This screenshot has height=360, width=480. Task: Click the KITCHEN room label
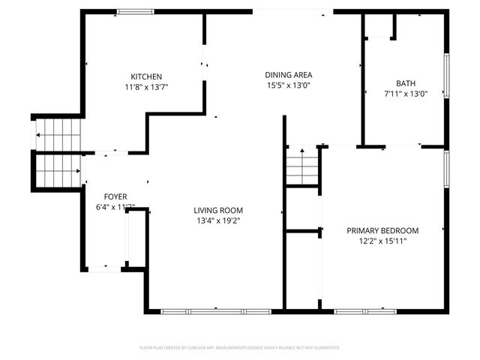[146, 76]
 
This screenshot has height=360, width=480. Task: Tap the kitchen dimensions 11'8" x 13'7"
[146, 87]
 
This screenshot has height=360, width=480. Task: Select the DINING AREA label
[288, 75]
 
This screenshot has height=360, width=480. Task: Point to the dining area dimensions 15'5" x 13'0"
[288, 85]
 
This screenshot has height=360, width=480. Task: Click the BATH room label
[406, 83]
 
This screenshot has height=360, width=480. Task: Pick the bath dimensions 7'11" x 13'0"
[406, 94]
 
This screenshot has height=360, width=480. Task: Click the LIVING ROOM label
[218, 211]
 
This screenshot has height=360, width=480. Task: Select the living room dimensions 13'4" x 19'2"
[218, 221]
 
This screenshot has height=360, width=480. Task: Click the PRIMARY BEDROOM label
[382, 231]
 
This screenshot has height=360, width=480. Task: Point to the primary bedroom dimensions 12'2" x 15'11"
[382, 241]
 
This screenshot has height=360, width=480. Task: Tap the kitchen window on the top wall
[136, 11]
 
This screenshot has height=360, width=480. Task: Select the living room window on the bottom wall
[216, 310]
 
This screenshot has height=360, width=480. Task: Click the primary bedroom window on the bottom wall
[364, 310]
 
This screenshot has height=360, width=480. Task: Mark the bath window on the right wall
[447, 76]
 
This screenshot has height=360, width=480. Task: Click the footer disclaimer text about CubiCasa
[240, 348]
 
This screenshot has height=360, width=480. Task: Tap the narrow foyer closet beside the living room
[129, 240]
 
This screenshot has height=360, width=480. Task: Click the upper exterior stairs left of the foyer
[58, 135]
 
